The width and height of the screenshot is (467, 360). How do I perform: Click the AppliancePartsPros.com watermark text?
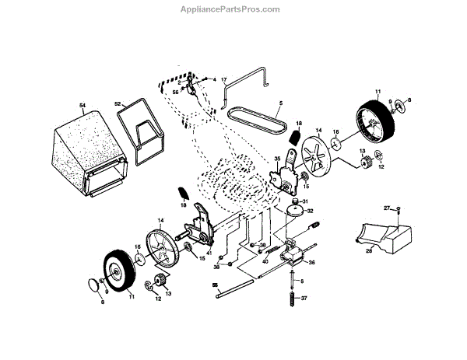pyautogui.click(x=233, y=9)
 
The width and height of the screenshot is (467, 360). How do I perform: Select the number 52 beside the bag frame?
pyautogui.click(x=118, y=103)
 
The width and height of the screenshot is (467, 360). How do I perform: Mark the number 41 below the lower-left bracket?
pyautogui.click(x=209, y=253)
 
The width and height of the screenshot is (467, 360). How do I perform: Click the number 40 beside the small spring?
pyautogui.click(x=265, y=261)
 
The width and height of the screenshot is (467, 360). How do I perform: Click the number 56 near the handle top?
pyautogui.click(x=175, y=92)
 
